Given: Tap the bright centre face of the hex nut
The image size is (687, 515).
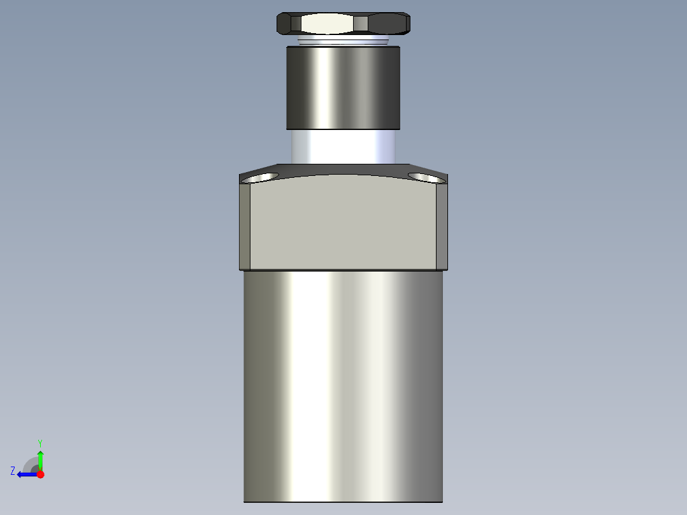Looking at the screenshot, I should tap(327, 24).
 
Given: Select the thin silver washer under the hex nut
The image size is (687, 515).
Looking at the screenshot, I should tap(343, 41).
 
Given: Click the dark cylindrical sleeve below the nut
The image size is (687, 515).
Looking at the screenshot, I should tap(343, 87).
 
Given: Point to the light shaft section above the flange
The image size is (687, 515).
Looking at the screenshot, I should tap(343, 147).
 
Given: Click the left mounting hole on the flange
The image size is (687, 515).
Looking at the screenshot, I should tap(263, 177).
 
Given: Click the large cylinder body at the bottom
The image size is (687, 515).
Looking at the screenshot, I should tap(343, 382).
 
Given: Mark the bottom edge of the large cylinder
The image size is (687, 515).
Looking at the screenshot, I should tap(343, 502).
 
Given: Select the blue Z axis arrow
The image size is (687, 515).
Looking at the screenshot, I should tap(25, 474).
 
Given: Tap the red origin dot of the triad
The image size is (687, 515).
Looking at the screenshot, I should tap(40, 474).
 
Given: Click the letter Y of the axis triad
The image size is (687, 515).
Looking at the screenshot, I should tap(40, 442).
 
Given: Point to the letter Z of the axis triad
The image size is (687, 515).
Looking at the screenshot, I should tap(13, 471).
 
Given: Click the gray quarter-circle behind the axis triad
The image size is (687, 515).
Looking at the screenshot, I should tap(31, 464).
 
